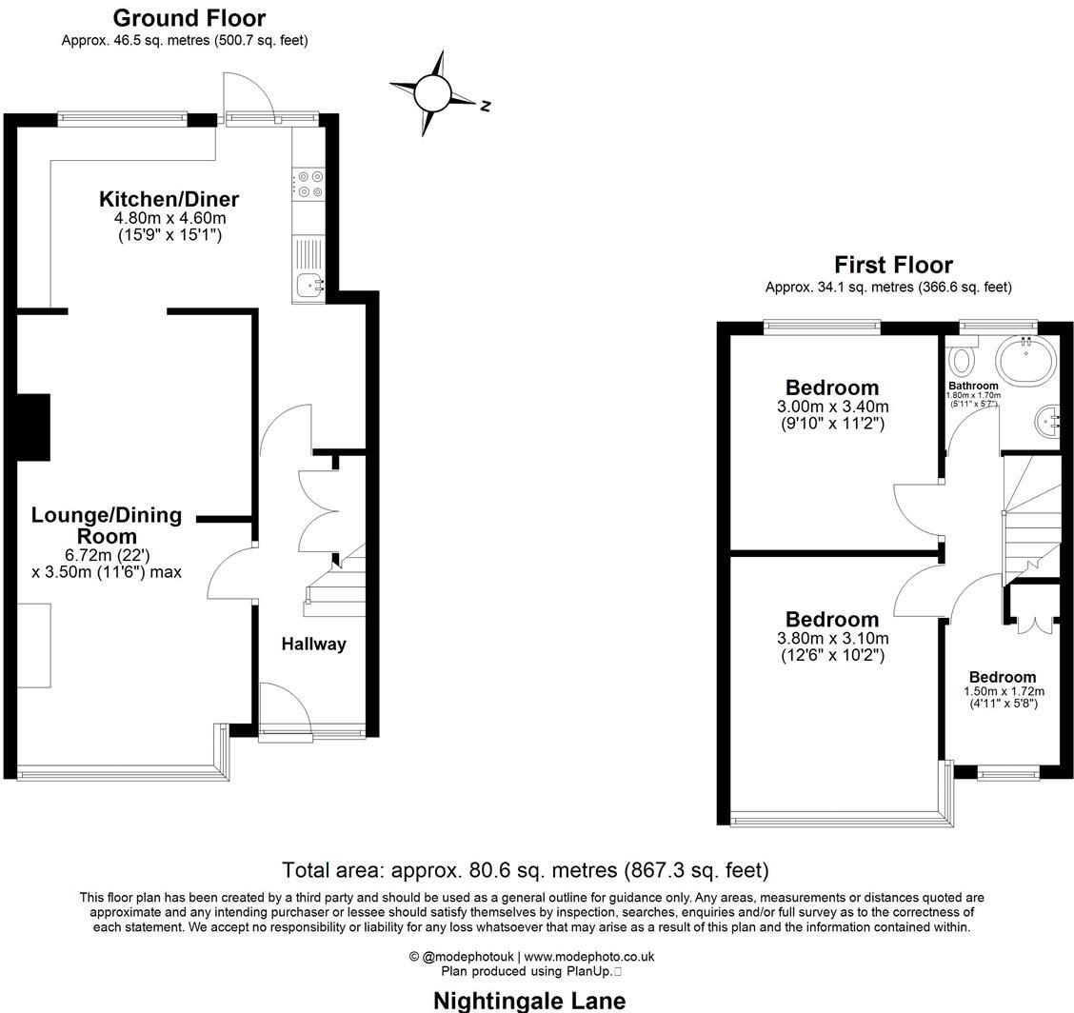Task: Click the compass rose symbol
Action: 431,93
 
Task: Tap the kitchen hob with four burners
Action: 309,184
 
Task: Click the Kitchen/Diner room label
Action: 169,200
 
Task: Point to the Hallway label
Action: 313,645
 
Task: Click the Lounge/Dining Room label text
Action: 106,526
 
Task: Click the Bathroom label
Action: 972,387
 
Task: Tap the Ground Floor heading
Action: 189,18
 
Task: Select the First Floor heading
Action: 893,265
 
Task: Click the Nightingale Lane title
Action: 529,1001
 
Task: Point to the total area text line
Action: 525,870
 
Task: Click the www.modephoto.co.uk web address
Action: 589,957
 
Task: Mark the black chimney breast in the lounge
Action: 33,427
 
